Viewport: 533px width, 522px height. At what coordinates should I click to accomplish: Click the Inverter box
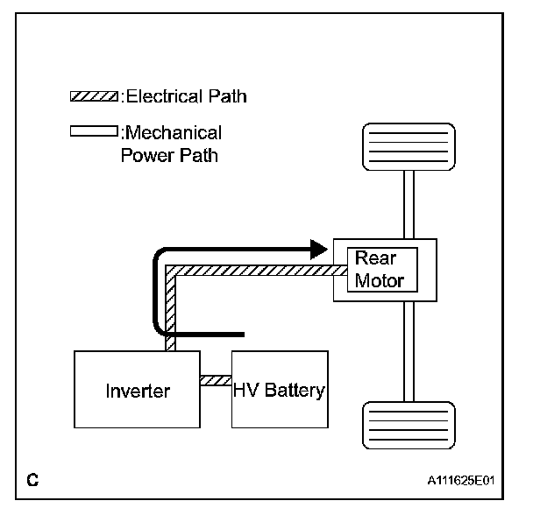[137, 389]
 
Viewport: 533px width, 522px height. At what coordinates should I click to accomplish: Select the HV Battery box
[280, 389]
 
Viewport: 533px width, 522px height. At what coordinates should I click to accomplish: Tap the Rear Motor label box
[382, 270]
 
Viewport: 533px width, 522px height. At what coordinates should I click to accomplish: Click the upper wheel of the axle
[409, 147]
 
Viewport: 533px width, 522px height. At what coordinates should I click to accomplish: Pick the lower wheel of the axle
[409, 425]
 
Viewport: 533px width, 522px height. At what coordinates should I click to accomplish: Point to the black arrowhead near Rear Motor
[319, 250]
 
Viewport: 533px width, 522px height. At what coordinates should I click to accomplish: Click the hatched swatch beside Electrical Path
[94, 96]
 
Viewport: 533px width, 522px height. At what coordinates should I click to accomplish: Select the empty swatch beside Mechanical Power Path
[94, 131]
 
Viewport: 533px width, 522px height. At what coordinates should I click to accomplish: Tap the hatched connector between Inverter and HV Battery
[216, 380]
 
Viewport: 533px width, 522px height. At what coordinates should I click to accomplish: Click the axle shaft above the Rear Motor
[409, 204]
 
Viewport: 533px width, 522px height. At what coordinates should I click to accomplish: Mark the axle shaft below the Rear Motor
[409, 351]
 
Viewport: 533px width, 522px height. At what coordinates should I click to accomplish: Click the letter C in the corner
[32, 480]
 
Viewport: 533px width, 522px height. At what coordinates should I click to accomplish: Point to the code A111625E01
[460, 480]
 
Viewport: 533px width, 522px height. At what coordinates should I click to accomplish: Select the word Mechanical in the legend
[174, 132]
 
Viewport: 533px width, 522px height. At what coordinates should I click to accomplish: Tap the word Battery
[295, 391]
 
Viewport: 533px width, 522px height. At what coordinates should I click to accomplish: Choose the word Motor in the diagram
[380, 281]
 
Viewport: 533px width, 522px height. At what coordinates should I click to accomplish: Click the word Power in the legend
[147, 156]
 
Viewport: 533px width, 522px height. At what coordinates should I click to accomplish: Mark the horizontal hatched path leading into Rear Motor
[256, 271]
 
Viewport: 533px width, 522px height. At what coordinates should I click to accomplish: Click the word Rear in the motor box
[375, 257]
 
